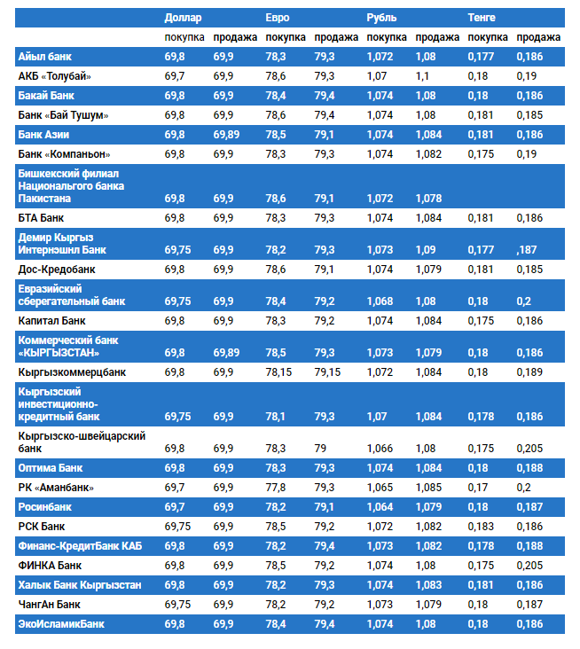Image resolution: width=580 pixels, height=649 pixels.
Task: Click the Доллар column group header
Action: [x=184, y=18]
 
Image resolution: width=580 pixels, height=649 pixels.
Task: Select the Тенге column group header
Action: [x=482, y=18]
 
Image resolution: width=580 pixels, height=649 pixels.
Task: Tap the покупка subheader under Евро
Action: [x=286, y=37]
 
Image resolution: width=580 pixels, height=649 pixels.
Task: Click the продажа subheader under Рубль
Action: [x=437, y=37]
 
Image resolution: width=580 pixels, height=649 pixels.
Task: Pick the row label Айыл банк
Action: [x=44, y=57]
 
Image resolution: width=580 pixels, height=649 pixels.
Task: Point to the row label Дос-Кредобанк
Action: [x=57, y=269]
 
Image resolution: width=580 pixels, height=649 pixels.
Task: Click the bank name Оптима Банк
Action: [x=51, y=467]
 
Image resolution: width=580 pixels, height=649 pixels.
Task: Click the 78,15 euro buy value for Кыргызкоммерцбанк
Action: [x=279, y=372]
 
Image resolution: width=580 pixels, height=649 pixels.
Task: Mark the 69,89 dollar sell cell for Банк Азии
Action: [x=226, y=135]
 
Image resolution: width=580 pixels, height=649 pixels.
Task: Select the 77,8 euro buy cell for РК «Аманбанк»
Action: [x=275, y=488]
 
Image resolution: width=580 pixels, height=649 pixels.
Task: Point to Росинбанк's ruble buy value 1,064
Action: [x=380, y=507]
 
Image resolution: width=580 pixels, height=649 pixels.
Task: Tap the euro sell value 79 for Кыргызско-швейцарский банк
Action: [x=320, y=449]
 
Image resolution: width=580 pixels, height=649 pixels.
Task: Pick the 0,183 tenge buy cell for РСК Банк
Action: [x=481, y=527]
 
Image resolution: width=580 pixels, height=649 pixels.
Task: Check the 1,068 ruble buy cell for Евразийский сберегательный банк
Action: [x=380, y=301]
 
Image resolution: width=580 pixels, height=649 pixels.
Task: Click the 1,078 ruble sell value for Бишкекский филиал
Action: [x=428, y=199]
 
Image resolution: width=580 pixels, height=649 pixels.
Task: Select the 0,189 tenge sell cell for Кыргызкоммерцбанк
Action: [x=529, y=372]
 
